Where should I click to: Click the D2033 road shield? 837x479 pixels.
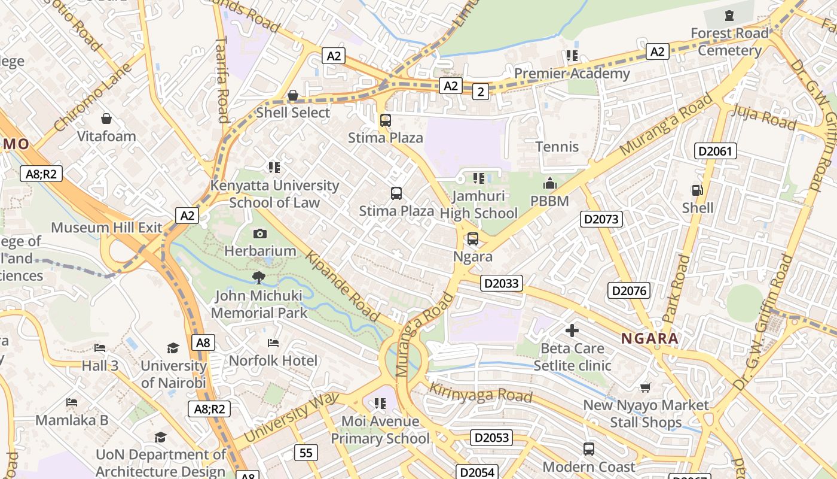501,283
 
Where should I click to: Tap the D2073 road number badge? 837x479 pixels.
601,219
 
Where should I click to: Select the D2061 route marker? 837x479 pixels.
715,151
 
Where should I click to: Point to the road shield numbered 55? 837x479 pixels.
306,453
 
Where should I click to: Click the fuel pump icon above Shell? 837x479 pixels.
697,190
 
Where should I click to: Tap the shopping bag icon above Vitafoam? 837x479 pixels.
106,119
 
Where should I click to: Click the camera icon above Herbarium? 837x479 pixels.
260,234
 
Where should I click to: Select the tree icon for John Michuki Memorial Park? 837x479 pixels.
259,277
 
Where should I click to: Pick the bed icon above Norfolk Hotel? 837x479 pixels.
273,343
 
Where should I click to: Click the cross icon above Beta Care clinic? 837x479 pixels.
572,330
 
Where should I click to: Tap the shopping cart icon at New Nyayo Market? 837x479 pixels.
645,387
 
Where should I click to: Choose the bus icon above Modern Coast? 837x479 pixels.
589,448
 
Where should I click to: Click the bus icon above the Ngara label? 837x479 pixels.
473,239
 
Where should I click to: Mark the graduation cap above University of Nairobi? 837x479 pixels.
173,348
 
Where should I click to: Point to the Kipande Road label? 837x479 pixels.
343,286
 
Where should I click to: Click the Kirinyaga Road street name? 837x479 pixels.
481,392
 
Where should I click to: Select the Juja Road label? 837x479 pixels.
764,117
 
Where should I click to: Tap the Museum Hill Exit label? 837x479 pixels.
106,228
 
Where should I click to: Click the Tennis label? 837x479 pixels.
557,147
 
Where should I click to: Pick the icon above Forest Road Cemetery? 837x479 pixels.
729,16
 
